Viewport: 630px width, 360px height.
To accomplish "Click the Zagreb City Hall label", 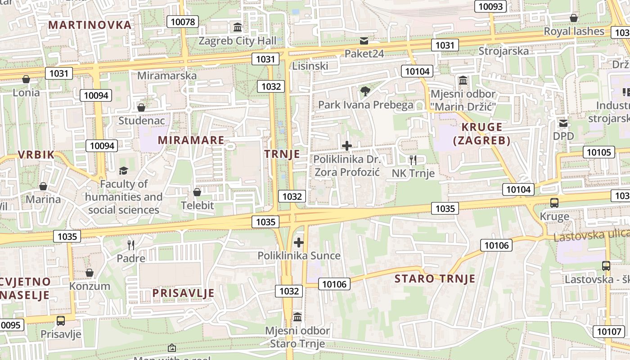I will (x=238, y=41).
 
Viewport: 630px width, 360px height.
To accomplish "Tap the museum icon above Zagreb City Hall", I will (x=238, y=27).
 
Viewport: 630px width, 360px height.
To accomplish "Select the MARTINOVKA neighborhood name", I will (x=90, y=25).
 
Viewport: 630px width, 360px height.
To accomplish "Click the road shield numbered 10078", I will (x=183, y=21).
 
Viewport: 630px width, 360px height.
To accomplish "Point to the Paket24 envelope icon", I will (x=364, y=41).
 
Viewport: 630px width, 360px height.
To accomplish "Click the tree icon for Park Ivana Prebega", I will (x=365, y=92).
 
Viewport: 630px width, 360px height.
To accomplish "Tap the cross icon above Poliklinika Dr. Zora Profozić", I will (x=347, y=146).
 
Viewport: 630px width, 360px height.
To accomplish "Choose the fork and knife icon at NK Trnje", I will (x=413, y=160).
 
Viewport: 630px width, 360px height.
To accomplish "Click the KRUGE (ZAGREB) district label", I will (x=481, y=134).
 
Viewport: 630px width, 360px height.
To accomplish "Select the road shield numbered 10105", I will (x=599, y=152).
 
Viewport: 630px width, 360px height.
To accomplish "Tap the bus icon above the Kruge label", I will (x=554, y=203).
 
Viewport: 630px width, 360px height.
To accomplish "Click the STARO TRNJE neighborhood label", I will (x=435, y=279).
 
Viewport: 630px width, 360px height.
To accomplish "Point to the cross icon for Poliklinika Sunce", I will (x=299, y=243).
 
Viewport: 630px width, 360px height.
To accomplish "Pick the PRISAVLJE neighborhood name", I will (x=183, y=293).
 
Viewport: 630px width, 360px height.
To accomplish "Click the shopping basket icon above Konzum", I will (x=90, y=273).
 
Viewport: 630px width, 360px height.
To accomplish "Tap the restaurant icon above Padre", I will (x=131, y=245).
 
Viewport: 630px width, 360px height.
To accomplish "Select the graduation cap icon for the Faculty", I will (x=123, y=171).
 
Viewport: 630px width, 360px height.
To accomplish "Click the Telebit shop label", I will (x=197, y=206).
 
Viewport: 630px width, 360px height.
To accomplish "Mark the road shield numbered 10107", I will (x=608, y=332).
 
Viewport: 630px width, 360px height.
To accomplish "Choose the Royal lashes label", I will (x=574, y=31).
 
